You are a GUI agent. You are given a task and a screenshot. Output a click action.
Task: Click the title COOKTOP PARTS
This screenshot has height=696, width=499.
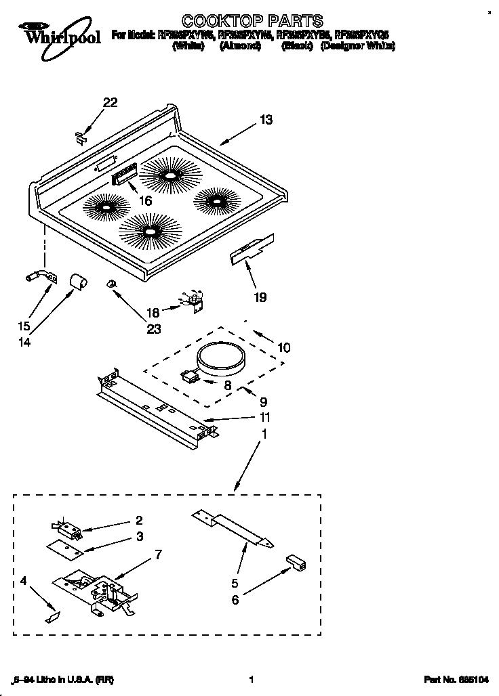(253, 21)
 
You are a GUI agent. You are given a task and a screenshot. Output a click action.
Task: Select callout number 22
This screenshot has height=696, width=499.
(110, 103)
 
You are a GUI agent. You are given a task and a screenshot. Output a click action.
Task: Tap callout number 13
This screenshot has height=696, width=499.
(266, 120)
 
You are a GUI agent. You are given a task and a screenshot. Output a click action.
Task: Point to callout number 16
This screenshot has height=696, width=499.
(144, 201)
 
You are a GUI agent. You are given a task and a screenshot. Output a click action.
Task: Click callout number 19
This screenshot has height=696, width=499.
(260, 297)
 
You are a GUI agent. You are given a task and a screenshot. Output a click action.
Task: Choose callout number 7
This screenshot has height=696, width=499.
(158, 555)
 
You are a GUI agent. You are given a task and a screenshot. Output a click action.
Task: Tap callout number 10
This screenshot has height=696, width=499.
(283, 347)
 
